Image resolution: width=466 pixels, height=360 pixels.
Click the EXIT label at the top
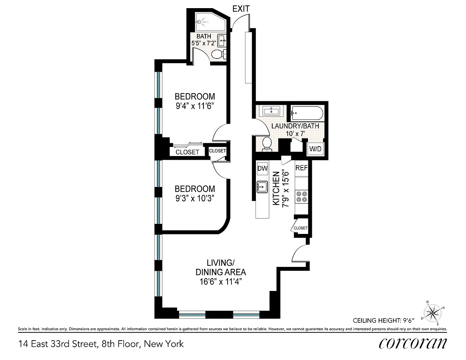coord(241,9)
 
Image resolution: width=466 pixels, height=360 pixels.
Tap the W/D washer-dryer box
coord(315,149)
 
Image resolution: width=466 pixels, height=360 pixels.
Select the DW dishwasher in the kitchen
coord(263,168)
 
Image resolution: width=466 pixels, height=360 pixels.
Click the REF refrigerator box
coord(301,168)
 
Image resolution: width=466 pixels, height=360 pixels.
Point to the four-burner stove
coord(301,197)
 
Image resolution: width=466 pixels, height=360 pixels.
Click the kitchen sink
coord(262,187)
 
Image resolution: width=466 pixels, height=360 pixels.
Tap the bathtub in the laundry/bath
coord(307,113)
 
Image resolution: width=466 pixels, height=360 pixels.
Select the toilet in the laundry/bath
coord(267,144)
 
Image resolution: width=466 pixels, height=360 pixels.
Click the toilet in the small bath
coord(219,54)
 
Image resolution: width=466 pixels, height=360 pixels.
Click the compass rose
coord(433,313)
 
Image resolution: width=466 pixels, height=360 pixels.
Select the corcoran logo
coord(413,344)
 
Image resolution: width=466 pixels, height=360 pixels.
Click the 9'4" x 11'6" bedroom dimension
coord(195,106)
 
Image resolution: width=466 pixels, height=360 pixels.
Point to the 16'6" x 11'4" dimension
coord(221,281)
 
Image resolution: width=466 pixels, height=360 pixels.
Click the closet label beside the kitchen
coord(301,228)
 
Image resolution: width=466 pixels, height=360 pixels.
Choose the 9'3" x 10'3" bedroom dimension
coord(195,198)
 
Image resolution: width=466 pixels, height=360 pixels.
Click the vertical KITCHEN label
coord(276,189)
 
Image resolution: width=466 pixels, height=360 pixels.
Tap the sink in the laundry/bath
coord(271,111)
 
